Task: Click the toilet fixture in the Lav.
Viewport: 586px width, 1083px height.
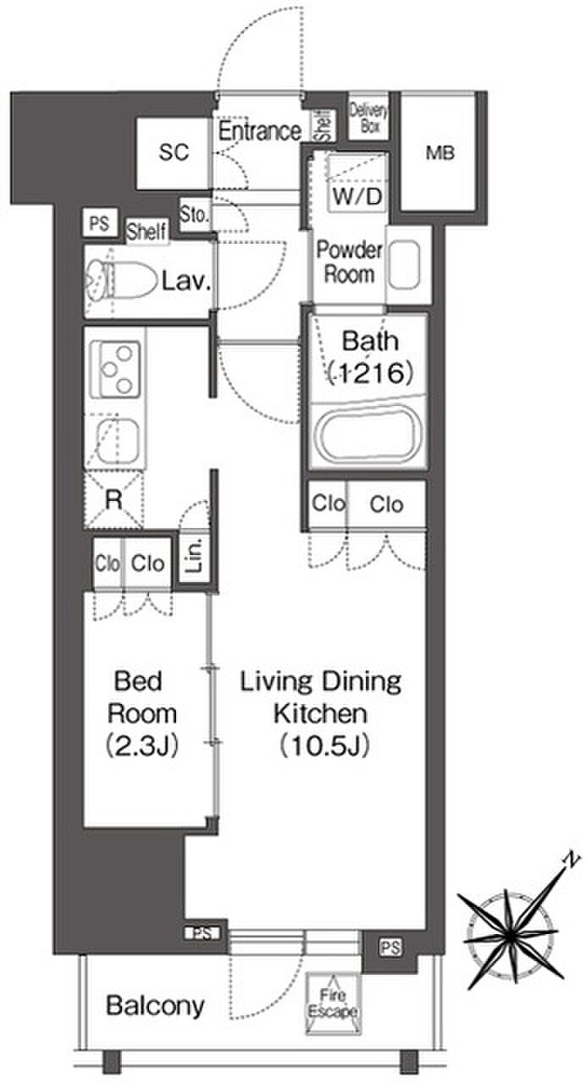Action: (121, 280)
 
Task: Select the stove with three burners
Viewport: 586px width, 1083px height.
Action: (116, 369)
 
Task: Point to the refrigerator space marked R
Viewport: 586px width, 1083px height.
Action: (114, 499)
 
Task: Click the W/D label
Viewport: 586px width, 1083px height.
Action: (357, 195)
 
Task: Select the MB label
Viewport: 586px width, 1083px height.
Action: (439, 153)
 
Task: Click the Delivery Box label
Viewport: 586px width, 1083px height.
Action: (368, 118)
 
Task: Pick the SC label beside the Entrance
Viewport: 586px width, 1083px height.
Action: (174, 152)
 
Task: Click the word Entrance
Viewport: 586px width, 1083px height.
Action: (260, 130)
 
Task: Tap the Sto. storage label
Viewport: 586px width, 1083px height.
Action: (195, 214)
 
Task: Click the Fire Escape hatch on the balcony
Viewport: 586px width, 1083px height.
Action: (334, 1003)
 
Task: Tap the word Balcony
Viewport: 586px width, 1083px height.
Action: (155, 1007)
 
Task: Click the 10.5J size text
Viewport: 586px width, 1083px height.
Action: (324, 745)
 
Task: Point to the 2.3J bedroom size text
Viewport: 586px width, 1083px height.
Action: (141, 745)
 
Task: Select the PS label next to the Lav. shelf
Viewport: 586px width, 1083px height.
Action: (100, 223)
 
